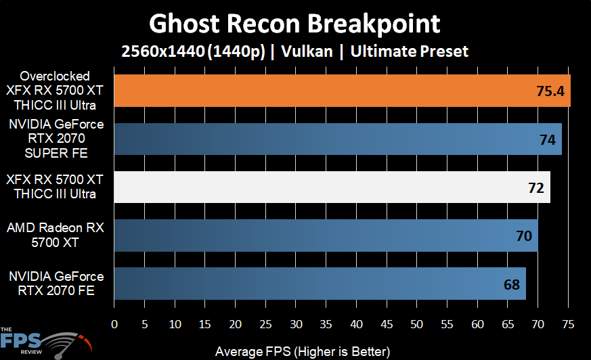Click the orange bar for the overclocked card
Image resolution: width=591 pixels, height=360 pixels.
click(343, 91)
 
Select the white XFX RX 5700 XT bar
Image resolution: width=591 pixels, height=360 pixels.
click(332, 187)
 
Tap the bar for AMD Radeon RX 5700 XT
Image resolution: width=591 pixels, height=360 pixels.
click(326, 235)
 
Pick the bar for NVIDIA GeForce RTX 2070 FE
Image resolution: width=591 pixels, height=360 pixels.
click(320, 284)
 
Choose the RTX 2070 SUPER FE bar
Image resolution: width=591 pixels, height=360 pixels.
click(338, 139)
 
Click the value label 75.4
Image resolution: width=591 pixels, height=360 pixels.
click(550, 91)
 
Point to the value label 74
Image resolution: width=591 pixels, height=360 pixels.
click(548, 139)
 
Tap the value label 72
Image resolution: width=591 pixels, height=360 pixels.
click(536, 187)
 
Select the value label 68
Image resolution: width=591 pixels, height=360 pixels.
click(512, 285)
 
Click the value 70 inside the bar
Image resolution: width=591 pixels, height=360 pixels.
click(524, 235)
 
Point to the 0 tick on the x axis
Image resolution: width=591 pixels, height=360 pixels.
click(114, 324)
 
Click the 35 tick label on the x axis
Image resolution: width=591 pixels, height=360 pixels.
click(326, 324)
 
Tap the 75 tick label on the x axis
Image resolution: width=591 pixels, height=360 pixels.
click(568, 324)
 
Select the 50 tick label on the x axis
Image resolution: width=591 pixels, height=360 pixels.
click(416, 324)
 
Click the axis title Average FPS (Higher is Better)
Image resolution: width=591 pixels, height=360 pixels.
click(303, 352)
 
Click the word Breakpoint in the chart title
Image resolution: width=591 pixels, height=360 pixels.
click(374, 24)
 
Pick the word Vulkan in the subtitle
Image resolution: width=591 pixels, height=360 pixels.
click(307, 51)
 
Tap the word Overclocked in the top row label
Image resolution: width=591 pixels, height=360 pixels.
click(55, 76)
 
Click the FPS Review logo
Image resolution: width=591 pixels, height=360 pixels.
click(46, 342)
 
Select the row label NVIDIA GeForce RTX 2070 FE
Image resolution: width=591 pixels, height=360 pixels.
click(56, 283)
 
